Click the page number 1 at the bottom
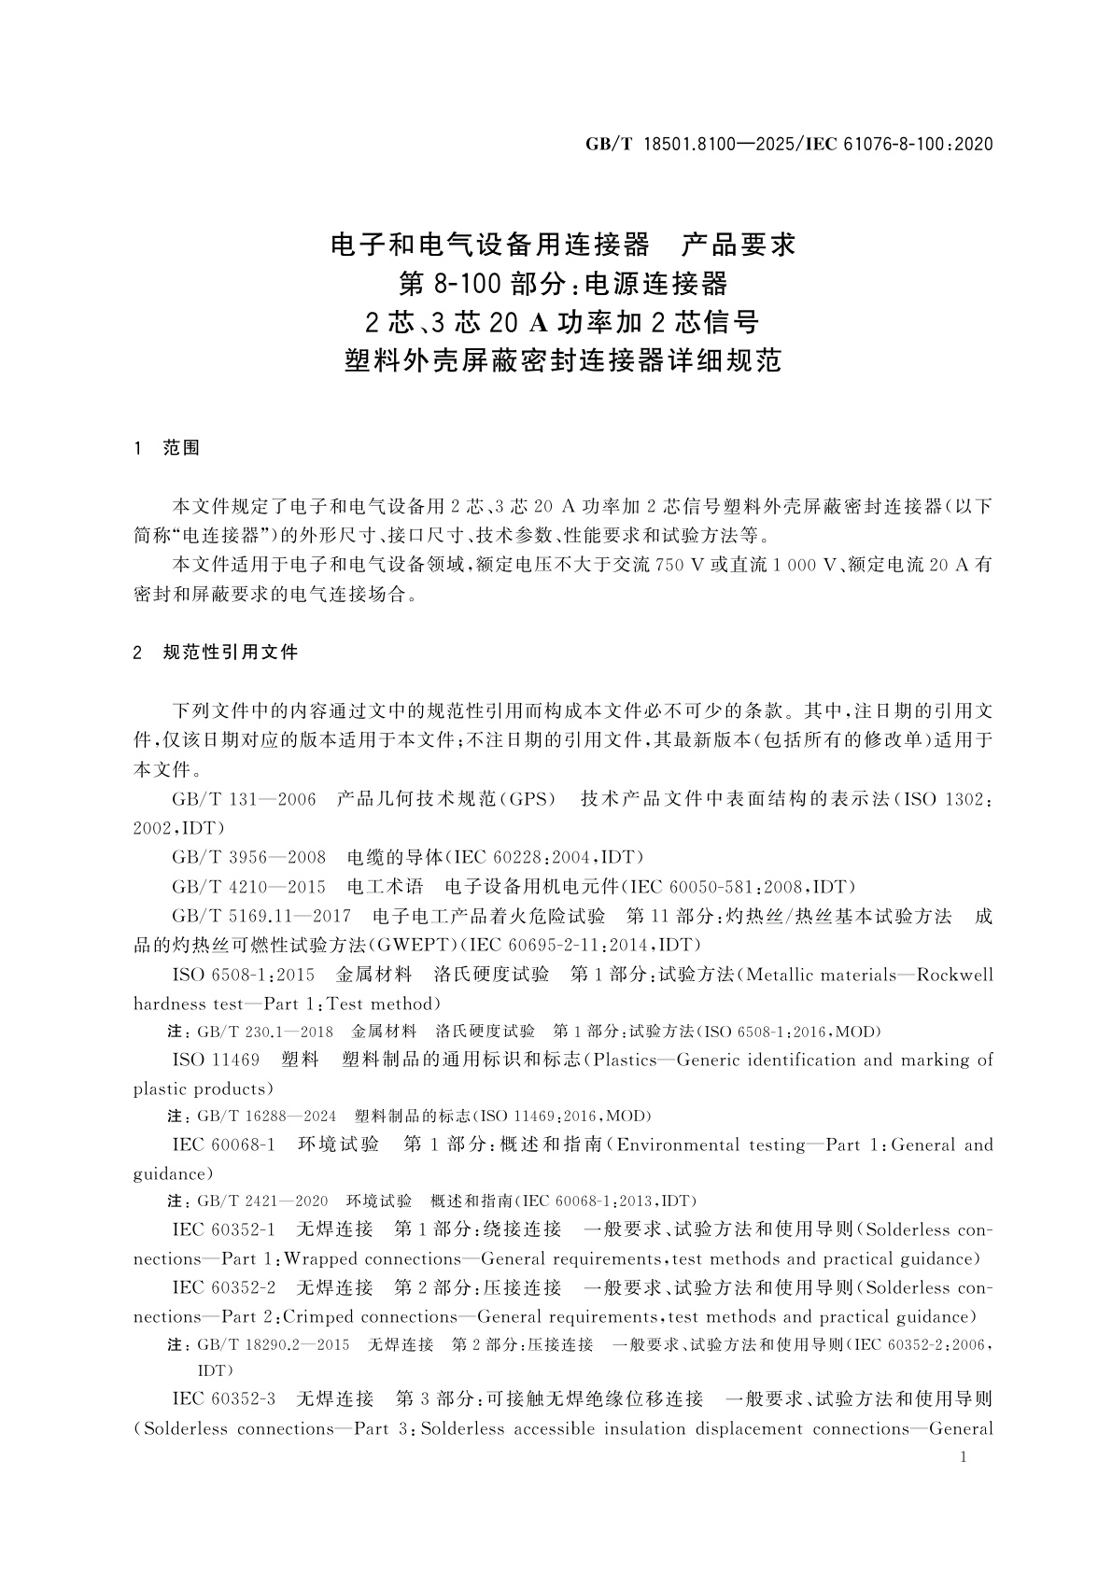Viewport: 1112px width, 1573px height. [x=964, y=1458]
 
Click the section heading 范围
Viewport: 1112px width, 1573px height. [x=181, y=448]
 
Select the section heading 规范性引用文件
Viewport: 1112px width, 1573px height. [x=230, y=652]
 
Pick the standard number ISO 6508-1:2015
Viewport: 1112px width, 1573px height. [x=244, y=975]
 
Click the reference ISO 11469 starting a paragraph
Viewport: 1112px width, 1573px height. [x=216, y=1060]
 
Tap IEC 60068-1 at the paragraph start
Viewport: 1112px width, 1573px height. [x=224, y=1145]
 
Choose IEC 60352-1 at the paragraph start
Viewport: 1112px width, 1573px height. [x=224, y=1229]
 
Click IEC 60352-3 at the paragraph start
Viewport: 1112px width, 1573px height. [x=224, y=1398]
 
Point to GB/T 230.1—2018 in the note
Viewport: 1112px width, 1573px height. [x=265, y=1032]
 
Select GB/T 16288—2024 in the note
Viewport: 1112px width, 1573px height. [x=267, y=1116]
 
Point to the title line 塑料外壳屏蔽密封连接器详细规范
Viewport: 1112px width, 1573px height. [x=563, y=360]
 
